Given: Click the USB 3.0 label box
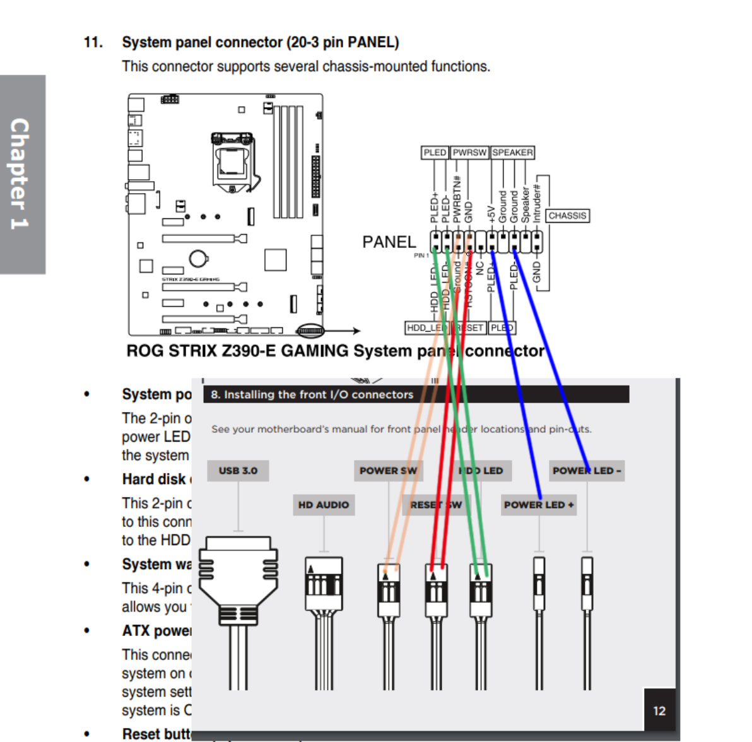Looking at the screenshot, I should click(238, 471).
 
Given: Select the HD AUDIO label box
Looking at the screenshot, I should click(323, 505).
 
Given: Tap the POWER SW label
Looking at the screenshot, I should click(388, 471).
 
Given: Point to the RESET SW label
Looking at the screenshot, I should click(435, 505).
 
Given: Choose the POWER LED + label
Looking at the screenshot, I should click(539, 505).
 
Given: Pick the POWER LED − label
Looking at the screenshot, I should click(587, 471).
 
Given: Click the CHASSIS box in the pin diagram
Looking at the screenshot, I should click(567, 216).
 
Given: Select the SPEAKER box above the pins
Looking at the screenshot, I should click(512, 153).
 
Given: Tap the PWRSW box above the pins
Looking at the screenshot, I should click(469, 153).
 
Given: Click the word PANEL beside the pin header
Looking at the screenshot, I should click(389, 242).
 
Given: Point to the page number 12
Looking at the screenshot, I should click(659, 711).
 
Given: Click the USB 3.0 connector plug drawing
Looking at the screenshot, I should click(238, 580).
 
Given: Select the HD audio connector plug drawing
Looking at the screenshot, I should click(324, 584).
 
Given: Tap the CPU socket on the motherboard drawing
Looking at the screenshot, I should click(232, 161).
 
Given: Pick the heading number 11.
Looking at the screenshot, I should click(93, 42).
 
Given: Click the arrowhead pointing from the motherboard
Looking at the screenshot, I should click(356, 331).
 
